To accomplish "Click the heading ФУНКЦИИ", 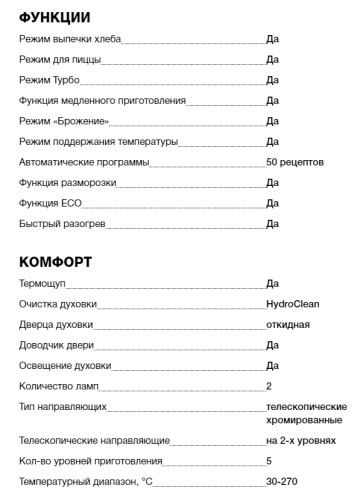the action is point(55,18).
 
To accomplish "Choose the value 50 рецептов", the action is point(295,161).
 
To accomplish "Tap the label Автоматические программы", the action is point(84,161).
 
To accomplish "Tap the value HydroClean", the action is point(293,304).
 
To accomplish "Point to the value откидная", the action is point(288,324).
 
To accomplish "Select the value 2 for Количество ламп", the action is point(269,386).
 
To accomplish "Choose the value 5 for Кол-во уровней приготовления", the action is point(269,461).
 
